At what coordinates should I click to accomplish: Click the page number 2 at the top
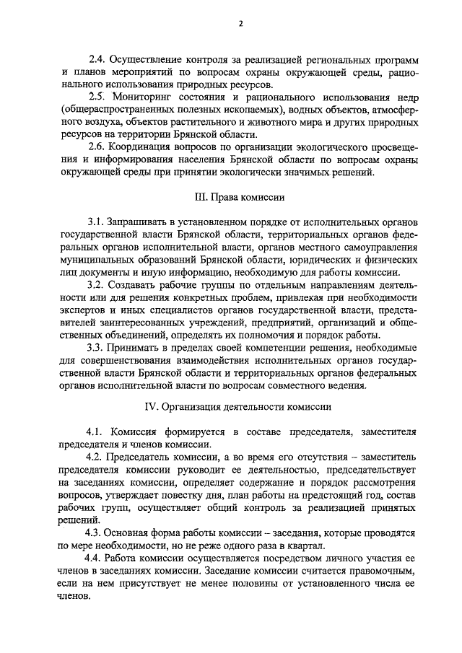(x=241, y=24)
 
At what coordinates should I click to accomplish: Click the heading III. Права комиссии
(x=240, y=196)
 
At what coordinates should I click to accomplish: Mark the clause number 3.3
(x=96, y=348)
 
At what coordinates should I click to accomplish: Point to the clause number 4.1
(x=96, y=431)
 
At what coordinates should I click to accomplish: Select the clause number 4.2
(x=96, y=457)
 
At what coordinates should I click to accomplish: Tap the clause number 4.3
(x=96, y=533)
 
